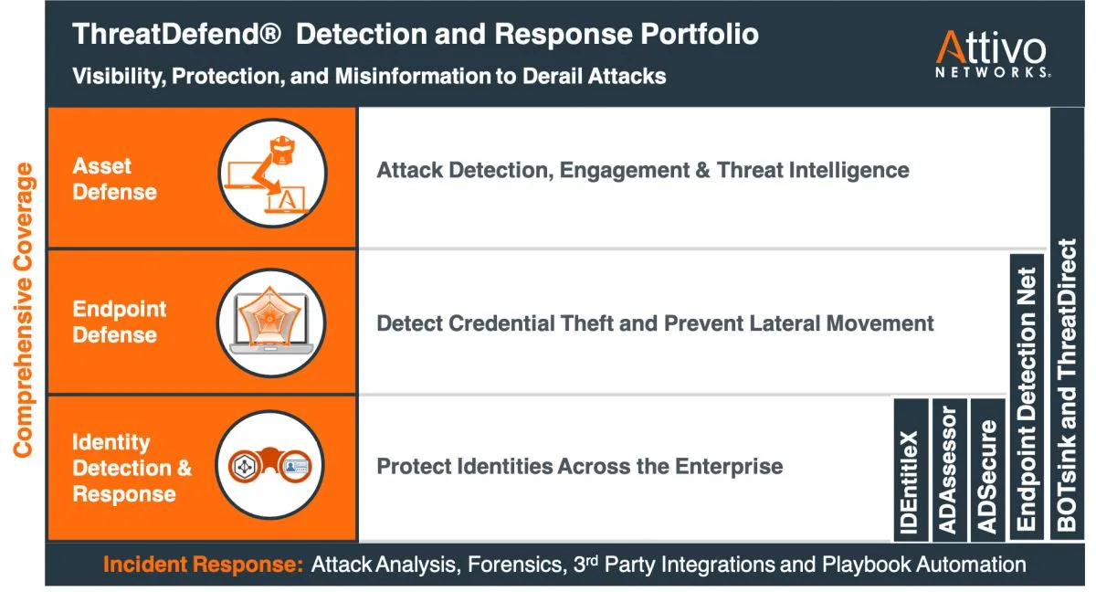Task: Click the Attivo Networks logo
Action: (x=992, y=54)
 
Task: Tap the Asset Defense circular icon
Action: (x=272, y=174)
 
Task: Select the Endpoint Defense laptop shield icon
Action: (x=271, y=322)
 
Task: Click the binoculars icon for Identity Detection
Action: (x=269, y=464)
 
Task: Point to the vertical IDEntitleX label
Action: (x=911, y=482)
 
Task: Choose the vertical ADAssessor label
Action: (x=949, y=470)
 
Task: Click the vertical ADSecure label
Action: (x=987, y=477)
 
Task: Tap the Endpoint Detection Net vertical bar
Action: (x=1027, y=396)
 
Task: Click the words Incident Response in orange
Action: (x=203, y=564)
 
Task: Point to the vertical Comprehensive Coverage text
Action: (x=24, y=311)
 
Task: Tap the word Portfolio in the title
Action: (x=700, y=34)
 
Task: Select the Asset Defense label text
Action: (x=114, y=179)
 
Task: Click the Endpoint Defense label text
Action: (x=120, y=322)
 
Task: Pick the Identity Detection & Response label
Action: (x=132, y=468)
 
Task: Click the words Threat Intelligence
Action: (x=813, y=170)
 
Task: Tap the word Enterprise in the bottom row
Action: (x=729, y=467)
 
